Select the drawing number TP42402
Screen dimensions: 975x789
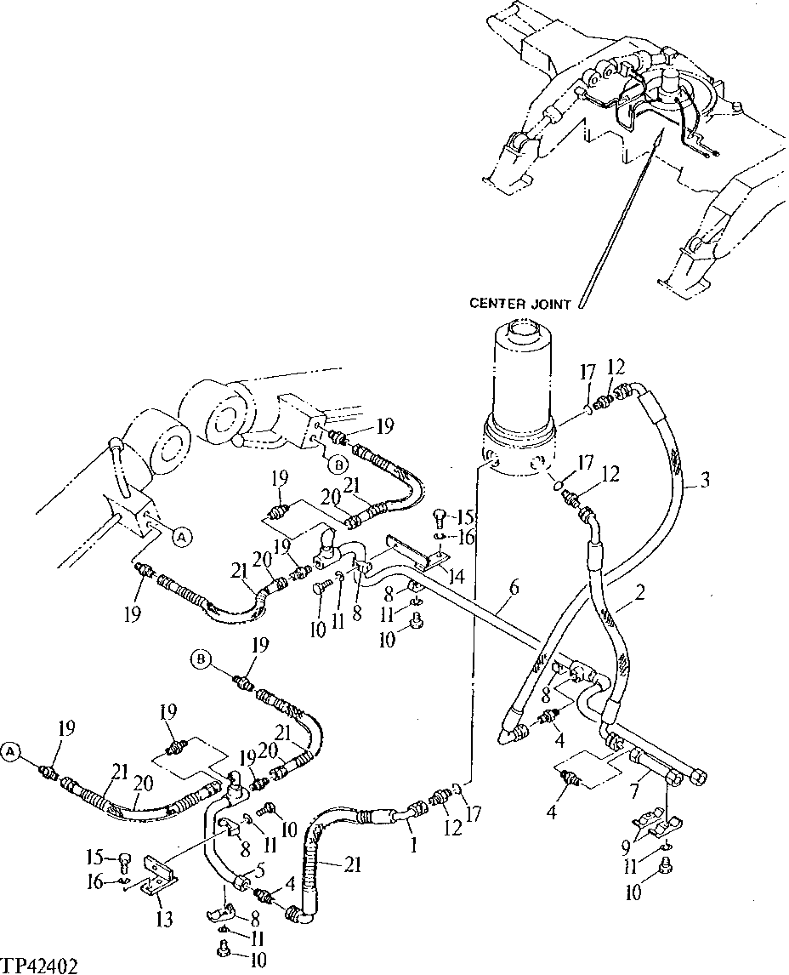[40, 966]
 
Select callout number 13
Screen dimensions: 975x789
[164, 918]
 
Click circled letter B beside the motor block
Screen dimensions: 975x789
[338, 465]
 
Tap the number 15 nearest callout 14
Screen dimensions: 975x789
[463, 518]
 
